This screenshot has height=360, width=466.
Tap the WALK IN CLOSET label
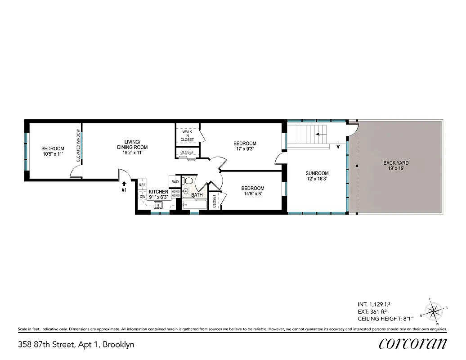coord(187,135)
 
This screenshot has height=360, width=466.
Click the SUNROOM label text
coord(317,173)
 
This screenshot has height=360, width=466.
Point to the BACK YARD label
coord(396,163)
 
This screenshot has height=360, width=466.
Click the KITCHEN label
coord(158,192)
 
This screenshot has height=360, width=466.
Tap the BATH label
coord(197,195)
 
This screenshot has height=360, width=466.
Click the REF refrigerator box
coord(142,185)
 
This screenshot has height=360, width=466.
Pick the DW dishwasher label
coord(142,197)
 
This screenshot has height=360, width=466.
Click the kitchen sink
coord(158,206)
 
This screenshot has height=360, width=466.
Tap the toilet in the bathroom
coord(188,181)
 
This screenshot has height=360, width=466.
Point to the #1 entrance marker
coord(124,190)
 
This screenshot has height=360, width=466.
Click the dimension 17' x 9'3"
coord(246,149)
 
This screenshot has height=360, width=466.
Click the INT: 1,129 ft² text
coord(376,304)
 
